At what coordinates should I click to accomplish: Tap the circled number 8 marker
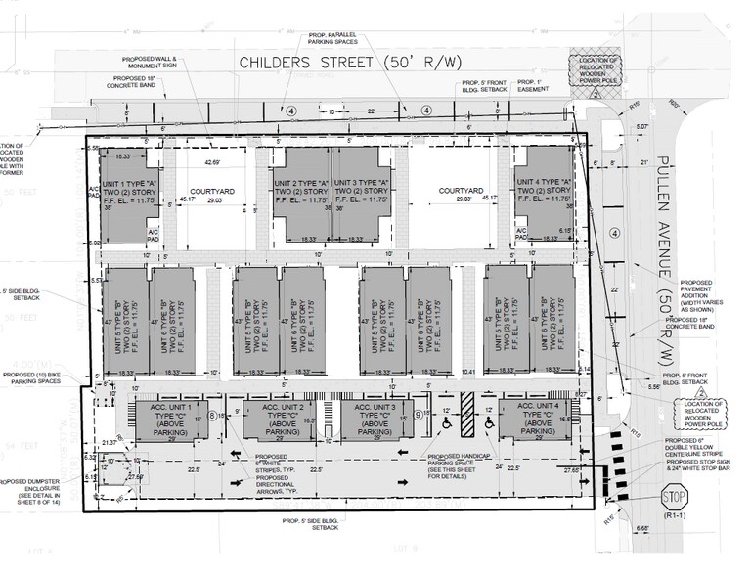point(212,418)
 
